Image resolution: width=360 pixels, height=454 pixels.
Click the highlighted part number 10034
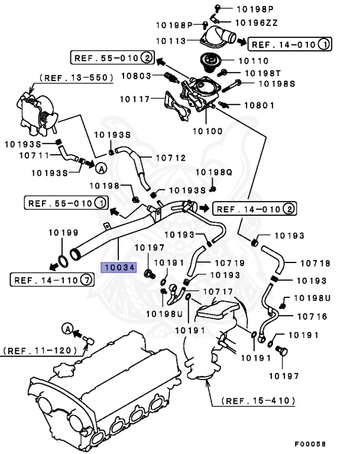[x=120, y=268]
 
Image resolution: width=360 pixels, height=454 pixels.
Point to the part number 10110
[x=253, y=61]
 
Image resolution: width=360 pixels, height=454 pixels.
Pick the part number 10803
[x=137, y=76]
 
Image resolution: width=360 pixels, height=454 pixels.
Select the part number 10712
[x=170, y=158]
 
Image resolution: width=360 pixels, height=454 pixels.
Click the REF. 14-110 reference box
[x=53, y=280]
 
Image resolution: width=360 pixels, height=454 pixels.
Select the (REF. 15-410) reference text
[x=258, y=401]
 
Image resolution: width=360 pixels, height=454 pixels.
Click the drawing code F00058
[x=310, y=443]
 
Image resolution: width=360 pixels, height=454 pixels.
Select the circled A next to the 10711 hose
[x=101, y=168]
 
